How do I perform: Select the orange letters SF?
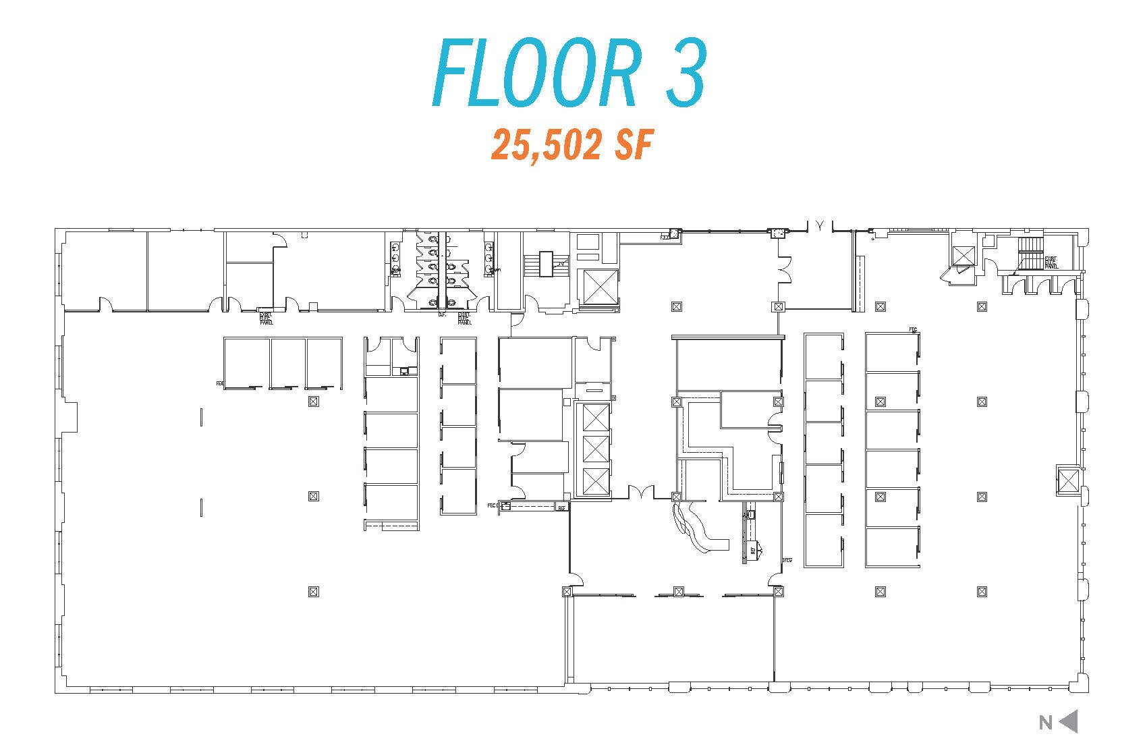click(x=635, y=144)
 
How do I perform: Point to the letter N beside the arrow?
click(x=1045, y=723)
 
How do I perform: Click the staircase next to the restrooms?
click(x=545, y=262)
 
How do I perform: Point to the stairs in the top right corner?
click(x=1030, y=253)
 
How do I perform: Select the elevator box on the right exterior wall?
click(x=1067, y=480)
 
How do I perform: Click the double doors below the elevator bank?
click(x=641, y=493)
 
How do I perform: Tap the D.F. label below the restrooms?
click(x=443, y=314)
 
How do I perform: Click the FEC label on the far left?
click(x=219, y=383)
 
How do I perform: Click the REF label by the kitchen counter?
click(x=753, y=551)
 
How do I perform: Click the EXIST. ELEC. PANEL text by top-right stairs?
click(x=1051, y=262)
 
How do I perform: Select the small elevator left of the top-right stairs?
click(x=962, y=255)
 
